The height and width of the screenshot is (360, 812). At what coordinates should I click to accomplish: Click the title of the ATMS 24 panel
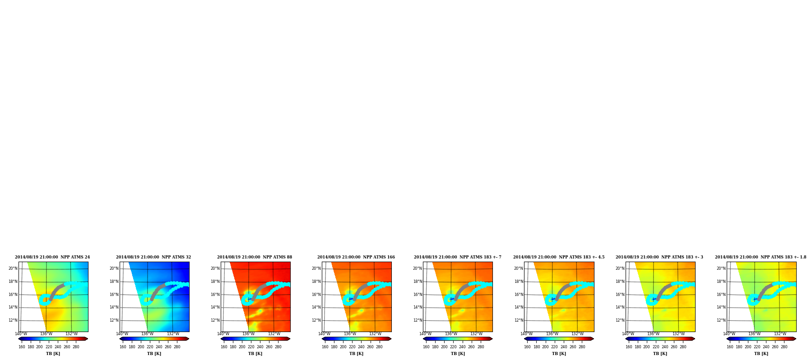point(52,257)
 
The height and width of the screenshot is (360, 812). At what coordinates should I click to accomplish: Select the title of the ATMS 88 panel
point(255,257)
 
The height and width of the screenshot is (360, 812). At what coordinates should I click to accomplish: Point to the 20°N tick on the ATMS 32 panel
point(114,268)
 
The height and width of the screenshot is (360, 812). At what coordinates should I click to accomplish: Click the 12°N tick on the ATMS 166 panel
point(316,320)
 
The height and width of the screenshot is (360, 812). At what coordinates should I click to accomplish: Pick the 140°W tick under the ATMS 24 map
point(21,334)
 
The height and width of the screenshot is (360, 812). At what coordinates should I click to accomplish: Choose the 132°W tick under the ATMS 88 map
point(274,334)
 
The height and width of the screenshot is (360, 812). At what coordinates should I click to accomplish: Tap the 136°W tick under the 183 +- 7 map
point(451,334)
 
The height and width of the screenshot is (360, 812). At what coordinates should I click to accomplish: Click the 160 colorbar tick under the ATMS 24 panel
point(22,347)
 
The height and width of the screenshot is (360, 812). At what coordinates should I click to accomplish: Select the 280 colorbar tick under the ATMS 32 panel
point(177,347)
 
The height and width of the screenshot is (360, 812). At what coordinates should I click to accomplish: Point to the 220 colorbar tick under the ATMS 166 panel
point(352,347)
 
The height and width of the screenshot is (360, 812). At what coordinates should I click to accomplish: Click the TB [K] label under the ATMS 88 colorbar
point(255,354)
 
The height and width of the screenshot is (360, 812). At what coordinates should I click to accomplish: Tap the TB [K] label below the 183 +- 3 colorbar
point(660,354)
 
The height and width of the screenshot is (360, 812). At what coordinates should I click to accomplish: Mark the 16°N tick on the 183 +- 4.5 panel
point(518,295)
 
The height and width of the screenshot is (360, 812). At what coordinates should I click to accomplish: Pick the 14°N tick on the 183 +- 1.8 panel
point(721,307)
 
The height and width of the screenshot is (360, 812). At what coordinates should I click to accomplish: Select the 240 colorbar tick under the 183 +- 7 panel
point(462,347)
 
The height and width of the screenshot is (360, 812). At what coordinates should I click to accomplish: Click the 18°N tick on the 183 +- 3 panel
point(620,282)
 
